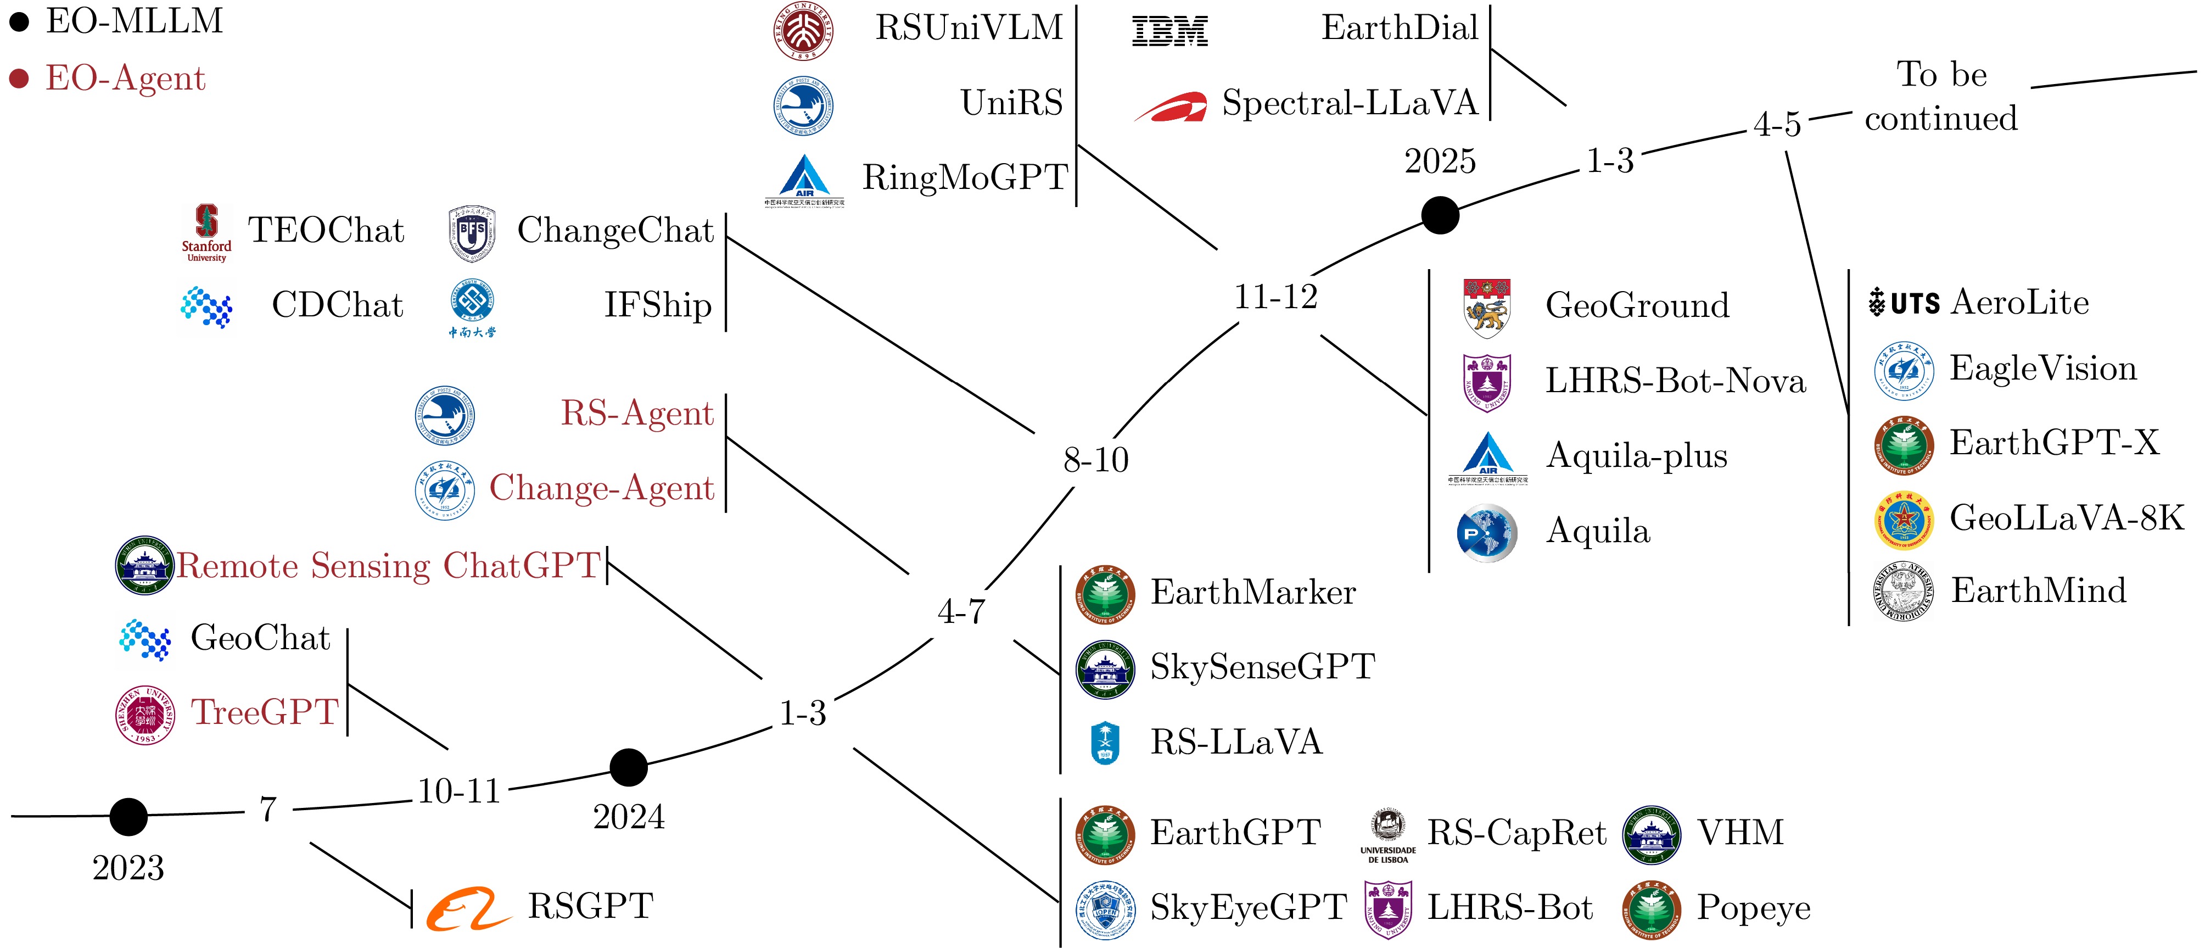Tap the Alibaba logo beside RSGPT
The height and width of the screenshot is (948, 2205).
pos(468,908)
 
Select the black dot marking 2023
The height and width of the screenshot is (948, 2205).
pos(128,817)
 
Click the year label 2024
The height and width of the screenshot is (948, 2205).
pos(628,817)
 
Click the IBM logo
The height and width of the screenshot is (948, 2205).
pos(1169,32)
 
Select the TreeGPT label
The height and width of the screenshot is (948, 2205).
pos(265,712)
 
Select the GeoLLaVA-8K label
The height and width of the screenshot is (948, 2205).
pos(2066,518)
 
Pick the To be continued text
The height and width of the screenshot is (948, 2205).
pos(1941,97)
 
